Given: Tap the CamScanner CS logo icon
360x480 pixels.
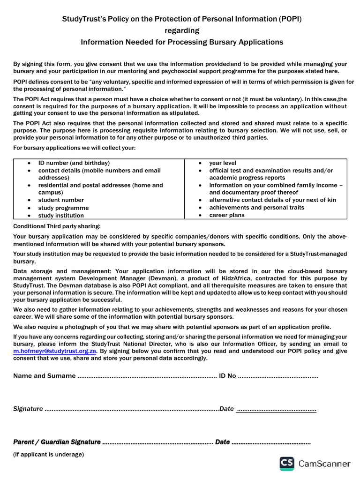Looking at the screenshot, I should [x=287, y=463].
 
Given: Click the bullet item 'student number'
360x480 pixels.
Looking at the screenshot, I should [x=61, y=200].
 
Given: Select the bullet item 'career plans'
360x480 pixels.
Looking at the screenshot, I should [x=227, y=215].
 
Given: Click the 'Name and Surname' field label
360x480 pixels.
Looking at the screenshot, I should [x=44, y=376].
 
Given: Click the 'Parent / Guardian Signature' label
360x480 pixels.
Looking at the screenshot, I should [x=57, y=442].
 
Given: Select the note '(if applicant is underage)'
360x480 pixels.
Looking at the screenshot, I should [x=48, y=454].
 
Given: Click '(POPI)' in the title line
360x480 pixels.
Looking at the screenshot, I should [x=290, y=19].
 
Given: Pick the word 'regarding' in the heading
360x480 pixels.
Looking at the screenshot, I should [x=182, y=30].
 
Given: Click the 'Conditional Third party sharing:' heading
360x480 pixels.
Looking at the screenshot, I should [x=57, y=226].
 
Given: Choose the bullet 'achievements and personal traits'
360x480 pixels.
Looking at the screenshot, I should [x=256, y=207].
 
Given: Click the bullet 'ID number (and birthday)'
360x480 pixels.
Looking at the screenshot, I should [x=74, y=163].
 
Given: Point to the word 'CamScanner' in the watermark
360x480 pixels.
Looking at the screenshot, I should [x=324, y=464].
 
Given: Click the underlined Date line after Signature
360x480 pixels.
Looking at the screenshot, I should [x=276, y=409].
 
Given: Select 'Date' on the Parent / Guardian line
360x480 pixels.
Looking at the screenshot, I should [x=222, y=442].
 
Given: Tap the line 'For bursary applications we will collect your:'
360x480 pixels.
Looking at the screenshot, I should [x=74, y=148].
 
